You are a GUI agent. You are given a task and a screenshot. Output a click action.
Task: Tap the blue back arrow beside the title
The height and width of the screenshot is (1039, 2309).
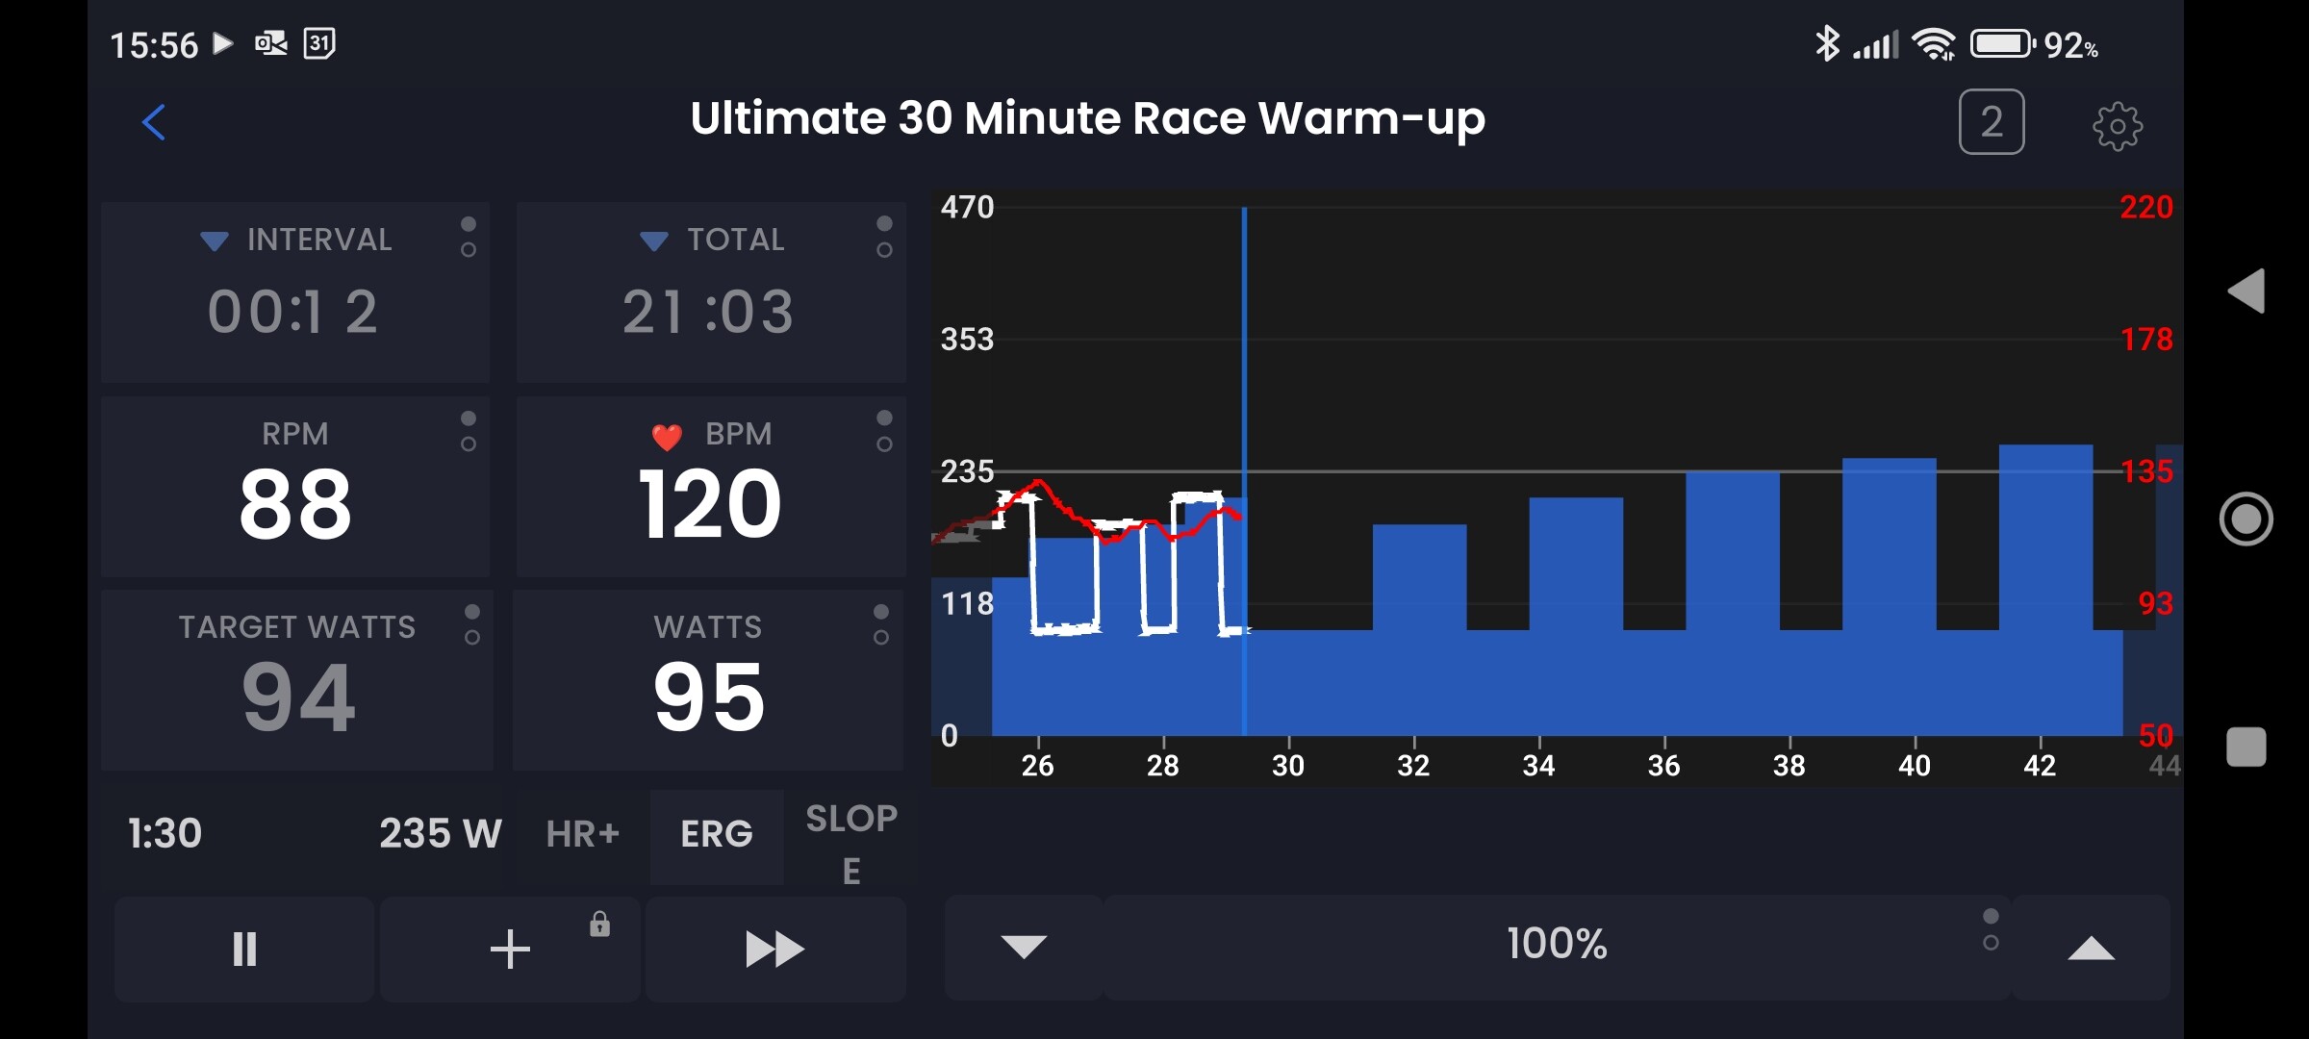click(x=154, y=122)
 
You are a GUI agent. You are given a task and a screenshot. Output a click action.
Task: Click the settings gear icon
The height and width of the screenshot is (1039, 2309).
click(x=2118, y=125)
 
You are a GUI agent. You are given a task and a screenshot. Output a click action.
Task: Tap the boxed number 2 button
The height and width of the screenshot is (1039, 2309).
click(x=1992, y=122)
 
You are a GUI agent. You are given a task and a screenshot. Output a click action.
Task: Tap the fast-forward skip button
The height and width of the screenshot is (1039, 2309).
click(x=774, y=950)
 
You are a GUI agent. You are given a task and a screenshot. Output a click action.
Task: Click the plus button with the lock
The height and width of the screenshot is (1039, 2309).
click(x=510, y=950)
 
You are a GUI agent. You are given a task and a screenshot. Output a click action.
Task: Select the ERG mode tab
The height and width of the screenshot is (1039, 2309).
click(x=717, y=834)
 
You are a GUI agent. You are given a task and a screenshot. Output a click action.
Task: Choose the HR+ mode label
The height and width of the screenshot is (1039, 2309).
click(x=582, y=834)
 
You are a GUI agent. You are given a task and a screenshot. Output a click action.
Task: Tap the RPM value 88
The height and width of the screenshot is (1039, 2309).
click(x=295, y=504)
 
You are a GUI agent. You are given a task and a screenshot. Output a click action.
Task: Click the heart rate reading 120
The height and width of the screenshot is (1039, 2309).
click(x=710, y=504)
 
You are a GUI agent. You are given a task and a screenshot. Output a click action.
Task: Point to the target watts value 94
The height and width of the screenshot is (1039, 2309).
click(x=298, y=697)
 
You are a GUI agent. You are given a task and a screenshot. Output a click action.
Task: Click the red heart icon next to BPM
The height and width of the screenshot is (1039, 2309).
click(x=667, y=437)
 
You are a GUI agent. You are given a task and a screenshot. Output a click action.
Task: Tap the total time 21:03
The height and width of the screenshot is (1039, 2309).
click(x=709, y=312)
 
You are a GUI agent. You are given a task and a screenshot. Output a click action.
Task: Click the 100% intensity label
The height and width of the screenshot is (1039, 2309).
click(x=1557, y=944)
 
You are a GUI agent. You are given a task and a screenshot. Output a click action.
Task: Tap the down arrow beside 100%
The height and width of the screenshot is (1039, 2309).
click(x=1024, y=947)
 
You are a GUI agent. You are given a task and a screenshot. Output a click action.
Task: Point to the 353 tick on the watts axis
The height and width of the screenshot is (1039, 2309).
click(x=967, y=340)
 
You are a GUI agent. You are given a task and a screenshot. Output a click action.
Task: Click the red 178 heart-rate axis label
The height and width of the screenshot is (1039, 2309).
click(x=2146, y=340)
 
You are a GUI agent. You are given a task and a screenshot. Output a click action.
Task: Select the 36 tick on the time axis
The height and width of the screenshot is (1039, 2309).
click(x=1663, y=766)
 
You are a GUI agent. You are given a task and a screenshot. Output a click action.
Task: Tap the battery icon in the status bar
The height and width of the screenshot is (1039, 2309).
click(x=2002, y=44)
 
